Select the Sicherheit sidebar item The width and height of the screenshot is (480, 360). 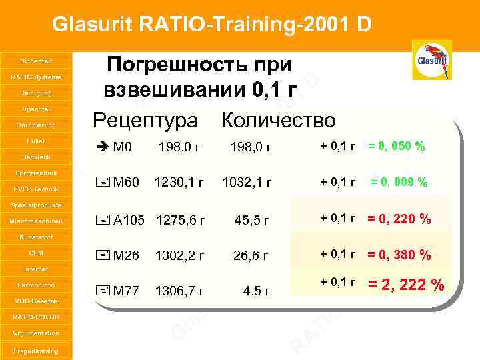[x=36, y=61]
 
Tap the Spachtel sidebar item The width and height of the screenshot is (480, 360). [x=36, y=109]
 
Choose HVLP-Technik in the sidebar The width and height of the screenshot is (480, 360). [x=36, y=189]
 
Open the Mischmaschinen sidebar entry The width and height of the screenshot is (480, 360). [x=36, y=221]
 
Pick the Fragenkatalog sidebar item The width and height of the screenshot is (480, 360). [x=36, y=351]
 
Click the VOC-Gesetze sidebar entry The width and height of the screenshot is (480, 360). [x=36, y=301]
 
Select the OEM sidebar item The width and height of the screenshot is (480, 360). [x=36, y=253]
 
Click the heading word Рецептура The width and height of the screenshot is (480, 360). [x=145, y=120]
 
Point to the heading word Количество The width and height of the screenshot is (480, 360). [x=279, y=120]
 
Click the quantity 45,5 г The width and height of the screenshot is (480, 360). [x=251, y=221]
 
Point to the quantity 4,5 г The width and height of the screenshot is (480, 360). [x=257, y=291]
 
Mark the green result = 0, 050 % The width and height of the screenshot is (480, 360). [x=396, y=146]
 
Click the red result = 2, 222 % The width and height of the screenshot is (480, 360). [x=406, y=285]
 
